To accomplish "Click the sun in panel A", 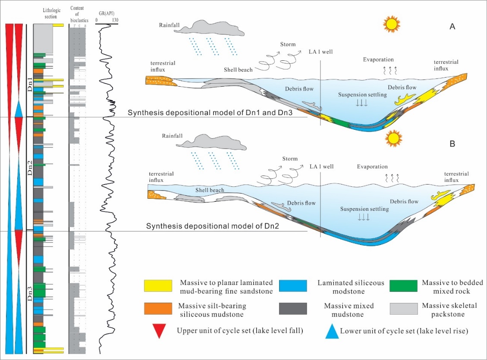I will pyautogui.click(x=392, y=24).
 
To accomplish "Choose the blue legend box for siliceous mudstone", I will pyautogui.click(x=293, y=285).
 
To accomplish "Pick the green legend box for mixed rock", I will pyautogui.click(x=403, y=285).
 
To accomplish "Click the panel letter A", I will pyautogui.click(x=452, y=27).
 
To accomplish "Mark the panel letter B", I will pyautogui.click(x=452, y=143).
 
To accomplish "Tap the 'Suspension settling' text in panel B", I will pyautogui.click(x=364, y=209).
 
